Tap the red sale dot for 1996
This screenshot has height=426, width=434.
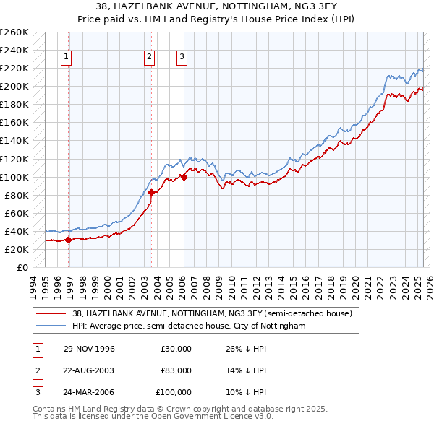[69, 240]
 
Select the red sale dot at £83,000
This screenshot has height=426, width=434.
[151, 192]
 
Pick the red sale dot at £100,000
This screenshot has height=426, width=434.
[184, 177]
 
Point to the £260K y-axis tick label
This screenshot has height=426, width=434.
[14, 32]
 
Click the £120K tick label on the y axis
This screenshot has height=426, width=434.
[14, 159]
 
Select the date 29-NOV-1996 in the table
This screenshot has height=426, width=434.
[89, 349]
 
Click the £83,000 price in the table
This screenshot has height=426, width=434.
[176, 370]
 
